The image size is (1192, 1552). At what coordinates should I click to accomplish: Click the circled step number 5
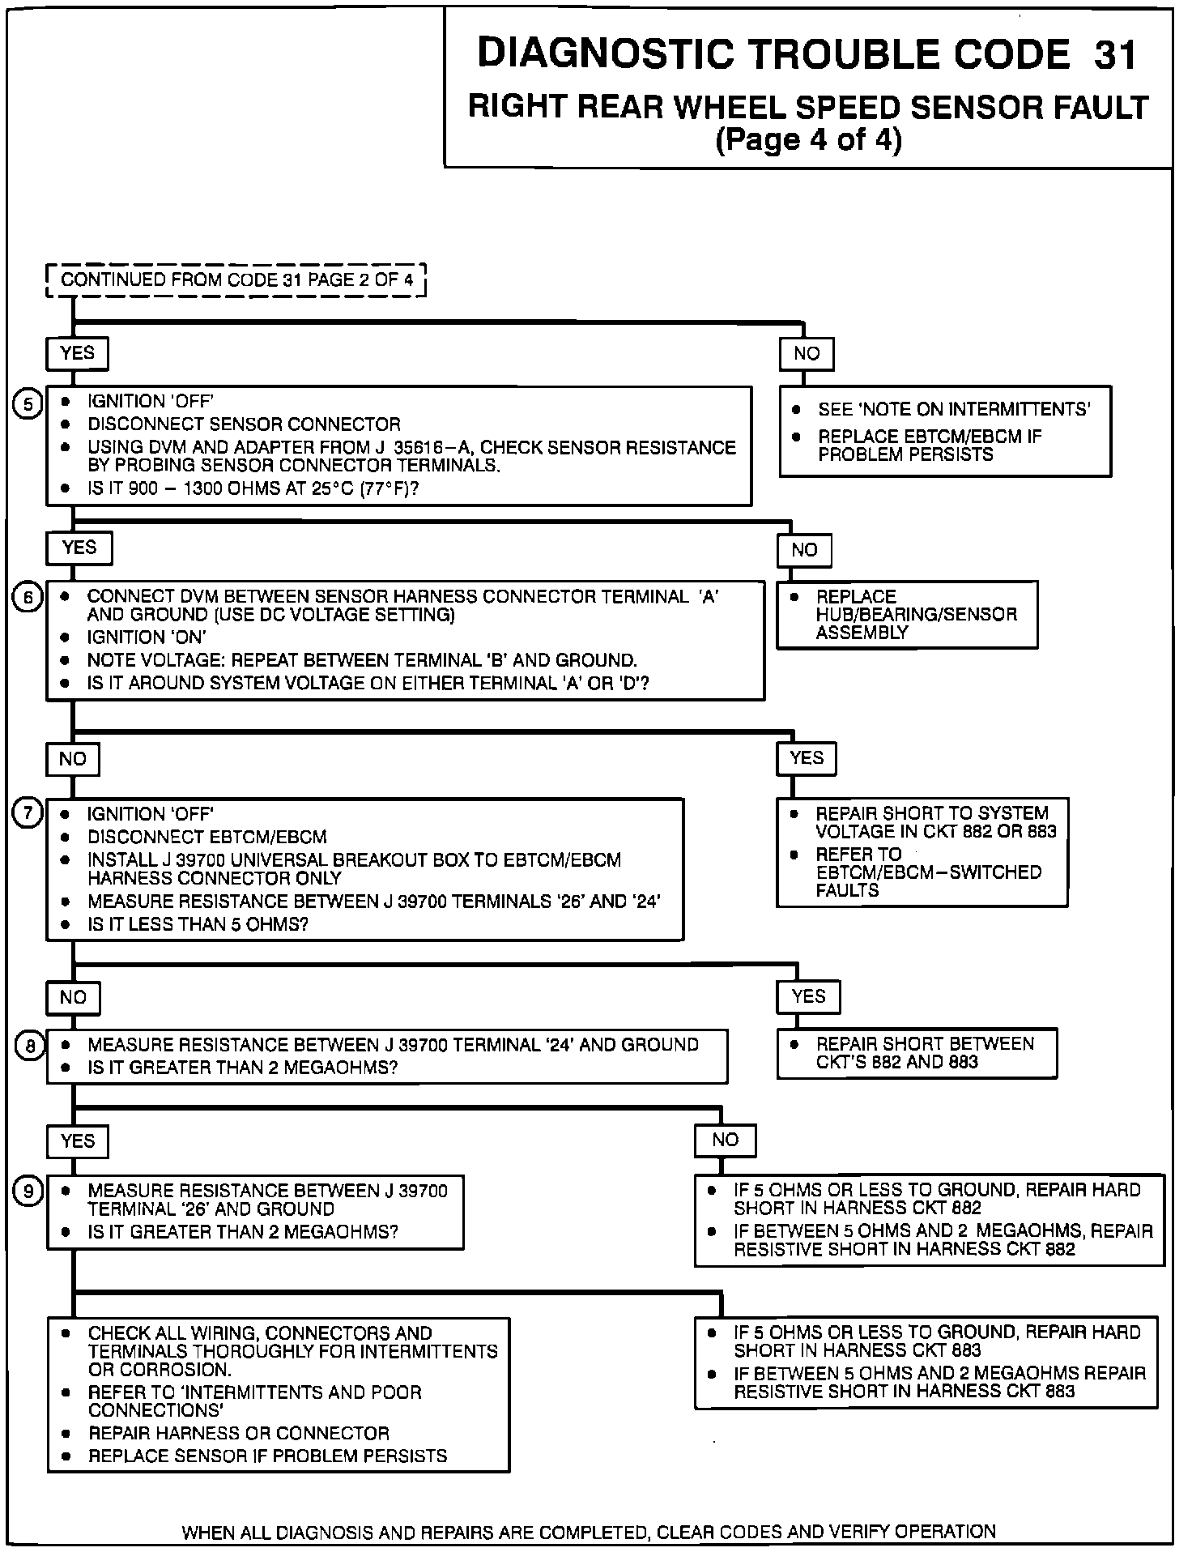click(x=28, y=403)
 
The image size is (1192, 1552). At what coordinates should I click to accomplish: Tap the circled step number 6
click(x=28, y=598)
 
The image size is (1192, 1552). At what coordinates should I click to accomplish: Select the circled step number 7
click(x=28, y=812)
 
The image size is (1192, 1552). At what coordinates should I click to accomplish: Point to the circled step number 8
click(x=29, y=1046)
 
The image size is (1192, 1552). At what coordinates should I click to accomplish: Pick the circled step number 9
click(x=28, y=1191)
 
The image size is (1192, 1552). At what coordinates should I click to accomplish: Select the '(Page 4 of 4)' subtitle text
click(x=808, y=140)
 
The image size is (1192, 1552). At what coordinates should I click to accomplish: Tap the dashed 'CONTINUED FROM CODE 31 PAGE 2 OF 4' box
click(x=236, y=280)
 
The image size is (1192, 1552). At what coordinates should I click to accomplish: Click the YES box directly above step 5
click(x=77, y=353)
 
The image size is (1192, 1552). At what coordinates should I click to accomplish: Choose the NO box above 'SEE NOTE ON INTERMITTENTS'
click(x=807, y=353)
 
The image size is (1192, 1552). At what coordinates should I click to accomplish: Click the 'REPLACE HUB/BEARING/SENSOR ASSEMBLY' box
click(x=907, y=615)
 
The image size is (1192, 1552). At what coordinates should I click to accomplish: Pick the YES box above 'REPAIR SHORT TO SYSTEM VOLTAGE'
click(x=807, y=758)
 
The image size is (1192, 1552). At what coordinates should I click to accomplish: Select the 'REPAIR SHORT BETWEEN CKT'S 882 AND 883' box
click(x=917, y=1053)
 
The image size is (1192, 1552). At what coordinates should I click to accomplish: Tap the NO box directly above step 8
click(x=73, y=997)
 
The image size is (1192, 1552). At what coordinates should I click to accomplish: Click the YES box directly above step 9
click(x=78, y=1141)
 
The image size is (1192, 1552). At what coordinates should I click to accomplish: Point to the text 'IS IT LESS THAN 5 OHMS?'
click(x=198, y=924)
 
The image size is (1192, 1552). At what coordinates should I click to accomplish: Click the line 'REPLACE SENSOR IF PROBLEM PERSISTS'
click(x=267, y=1456)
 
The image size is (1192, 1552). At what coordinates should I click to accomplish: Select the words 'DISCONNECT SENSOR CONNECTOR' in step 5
click(x=244, y=424)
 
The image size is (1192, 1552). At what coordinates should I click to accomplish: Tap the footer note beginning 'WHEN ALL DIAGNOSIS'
click(x=589, y=1532)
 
